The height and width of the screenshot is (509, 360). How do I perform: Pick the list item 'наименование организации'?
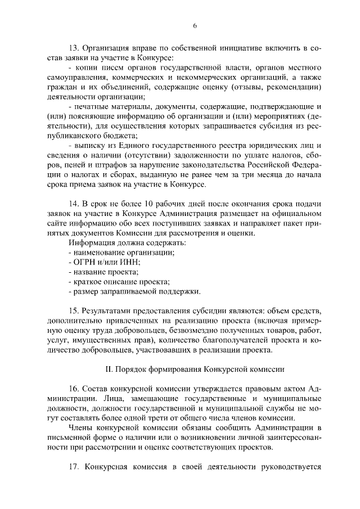(x=124, y=253)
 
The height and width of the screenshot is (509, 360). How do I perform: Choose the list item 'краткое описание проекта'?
(x=121, y=282)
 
